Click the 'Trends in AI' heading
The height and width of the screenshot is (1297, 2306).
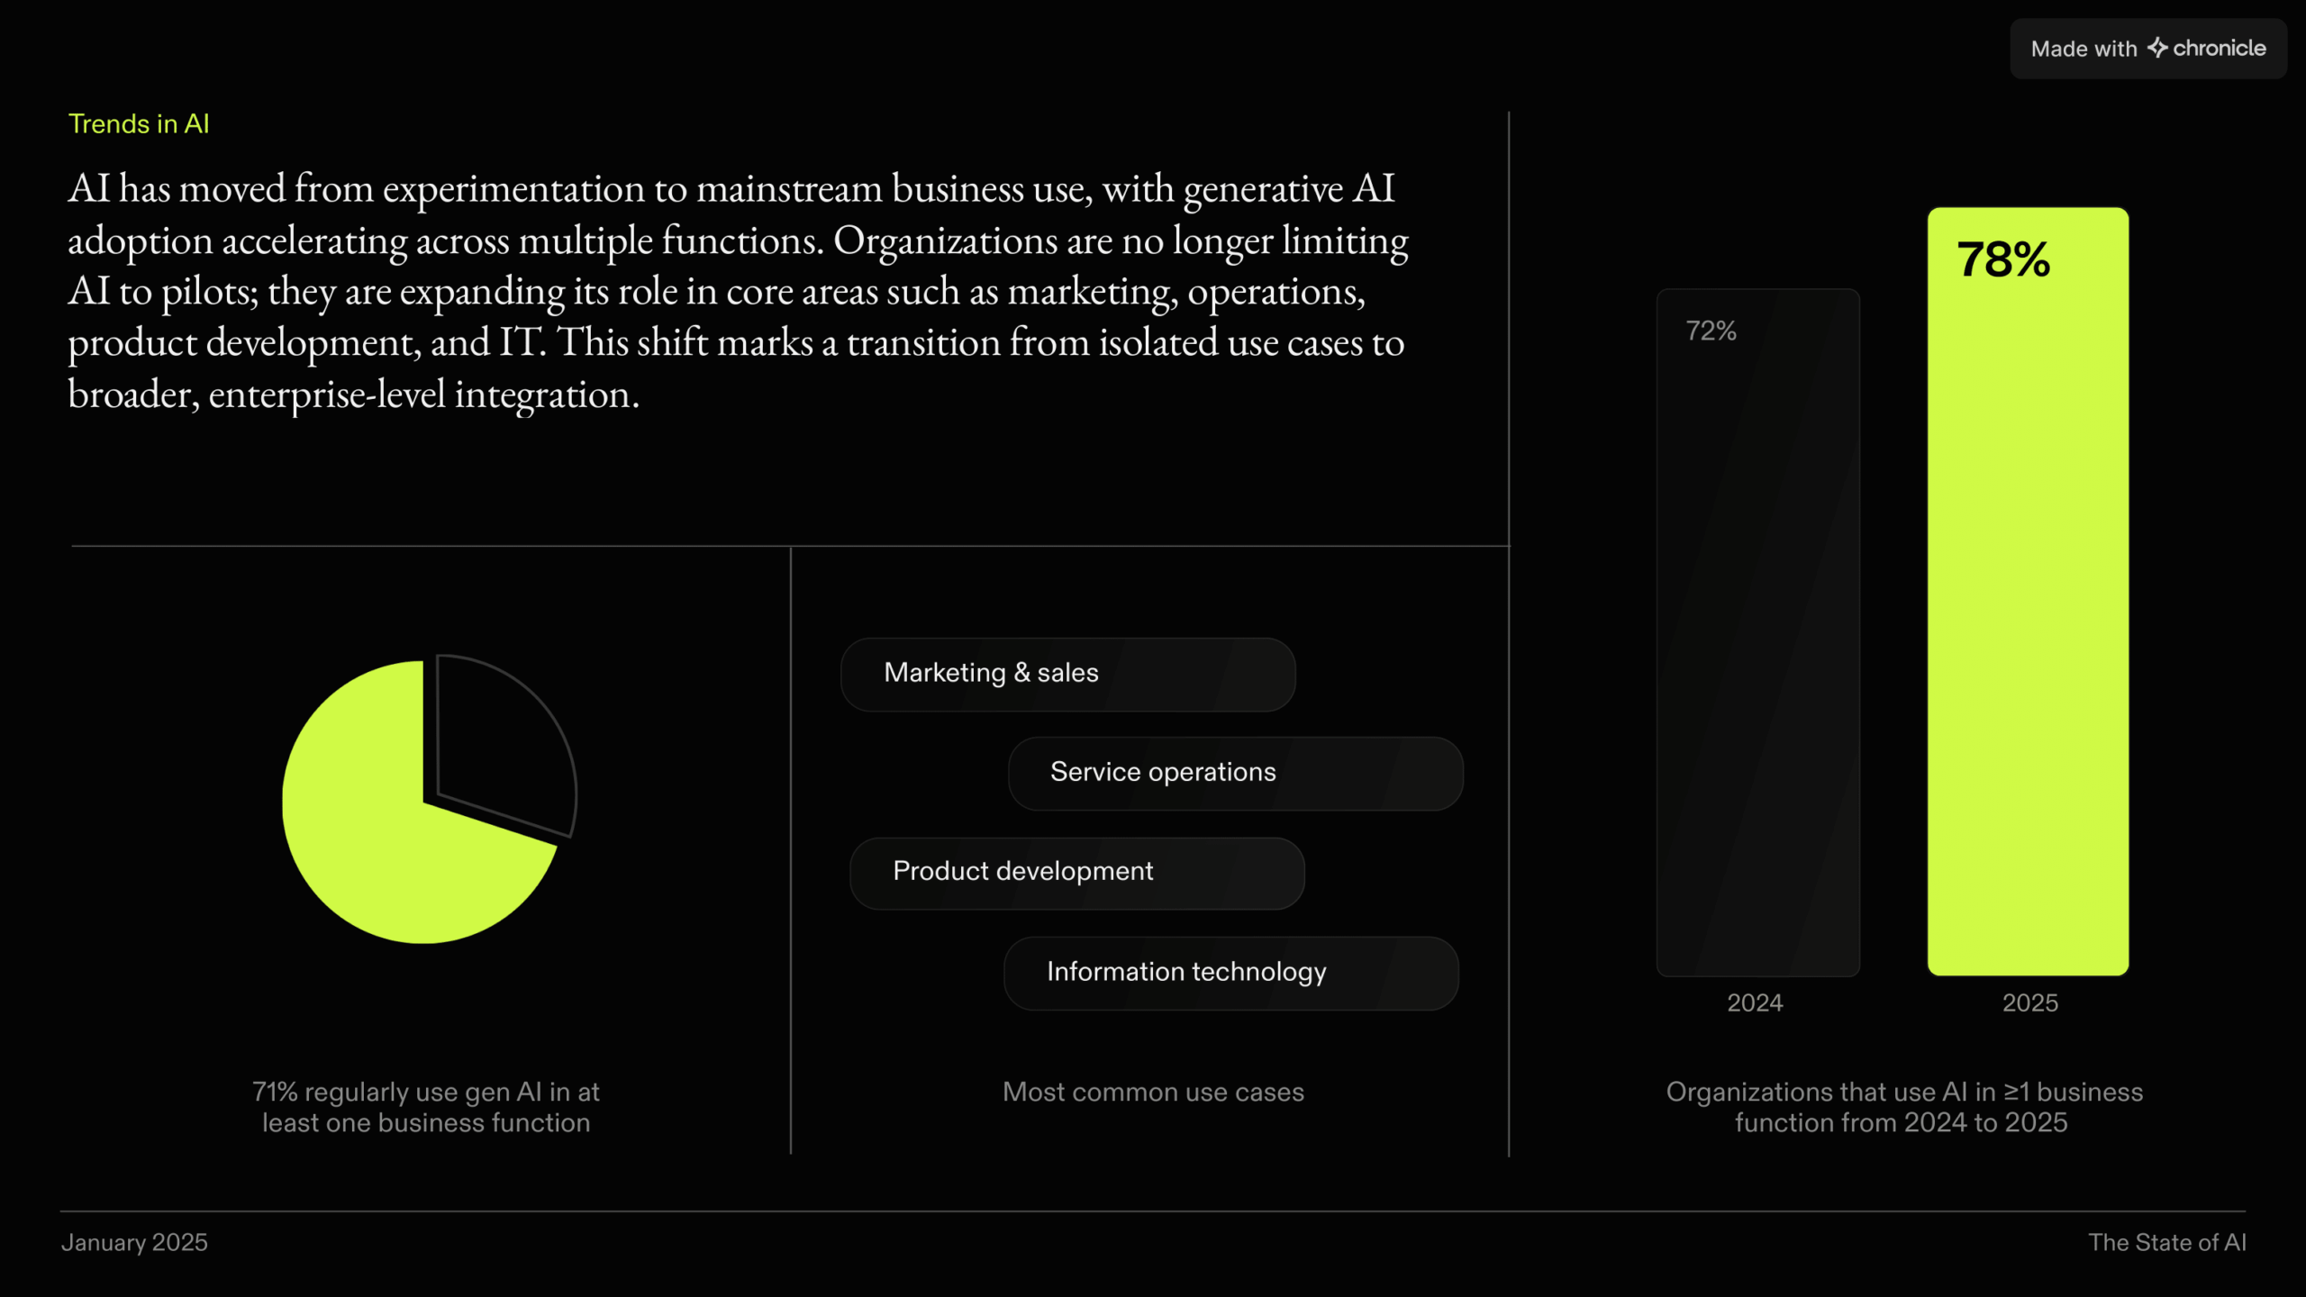[139, 123]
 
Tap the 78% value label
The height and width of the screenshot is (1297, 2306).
[2003, 259]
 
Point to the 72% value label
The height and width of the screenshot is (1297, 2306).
[1711, 331]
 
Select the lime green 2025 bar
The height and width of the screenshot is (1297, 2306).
[2028, 591]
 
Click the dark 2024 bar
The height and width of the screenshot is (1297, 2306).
[1757, 632]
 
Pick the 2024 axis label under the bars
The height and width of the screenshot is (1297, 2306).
[1755, 1002]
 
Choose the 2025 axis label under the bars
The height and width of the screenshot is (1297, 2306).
[2030, 1002]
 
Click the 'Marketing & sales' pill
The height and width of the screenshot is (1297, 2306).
[1068, 675]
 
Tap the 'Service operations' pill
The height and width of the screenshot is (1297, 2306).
[1236, 774]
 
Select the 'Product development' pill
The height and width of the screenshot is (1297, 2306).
[1077, 873]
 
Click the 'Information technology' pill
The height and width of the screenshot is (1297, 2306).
[1231, 973]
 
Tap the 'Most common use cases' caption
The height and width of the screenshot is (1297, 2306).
[1153, 1092]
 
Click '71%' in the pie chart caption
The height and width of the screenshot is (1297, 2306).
[275, 1092]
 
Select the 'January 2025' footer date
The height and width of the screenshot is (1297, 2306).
[134, 1242]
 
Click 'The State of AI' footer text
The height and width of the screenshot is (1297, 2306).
[2167, 1242]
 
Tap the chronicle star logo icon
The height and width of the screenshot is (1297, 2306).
[2157, 47]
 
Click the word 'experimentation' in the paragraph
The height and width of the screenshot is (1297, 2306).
[513, 189]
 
